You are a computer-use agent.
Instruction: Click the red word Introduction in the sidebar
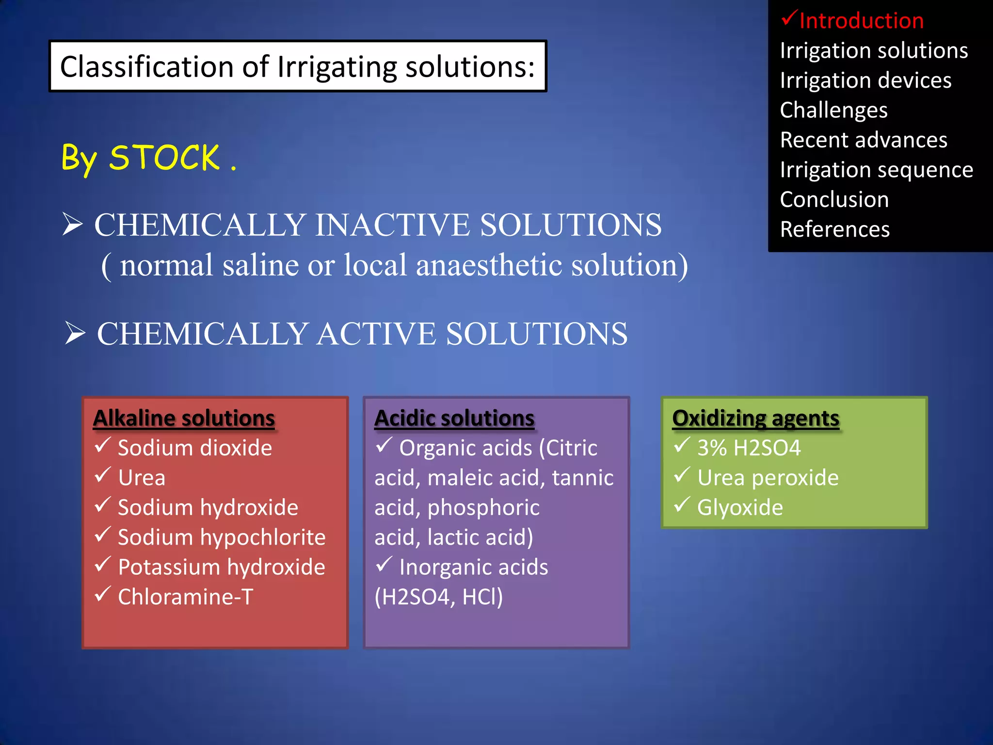click(x=861, y=21)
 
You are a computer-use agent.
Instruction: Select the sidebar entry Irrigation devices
click(x=865, y=81)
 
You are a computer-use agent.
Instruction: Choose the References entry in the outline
click(x=834, y=229)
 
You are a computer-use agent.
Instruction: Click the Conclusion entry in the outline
click(x=834, y=200)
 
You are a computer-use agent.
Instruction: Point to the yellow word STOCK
click(x=164, y=158)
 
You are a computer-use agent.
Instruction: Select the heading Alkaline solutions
click(x=184, y=418)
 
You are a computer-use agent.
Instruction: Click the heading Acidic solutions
click(x=454, y=418)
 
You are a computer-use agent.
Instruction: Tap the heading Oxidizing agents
click(x=755, y=418)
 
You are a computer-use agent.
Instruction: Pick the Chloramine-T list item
click(x=185, y=597)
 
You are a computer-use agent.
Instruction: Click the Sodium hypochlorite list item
click(x=222, y=537)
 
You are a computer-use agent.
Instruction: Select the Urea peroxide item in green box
click(x=768, y=478)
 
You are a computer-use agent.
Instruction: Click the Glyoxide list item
click(x=740, y=508)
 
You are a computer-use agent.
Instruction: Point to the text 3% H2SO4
click(x=749, y=448)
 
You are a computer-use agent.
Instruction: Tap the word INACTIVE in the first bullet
click(x=392, y=225)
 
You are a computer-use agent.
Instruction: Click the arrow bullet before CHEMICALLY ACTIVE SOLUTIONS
click(x=75, y=333)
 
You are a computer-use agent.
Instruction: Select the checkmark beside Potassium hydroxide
click(x=103, y=565)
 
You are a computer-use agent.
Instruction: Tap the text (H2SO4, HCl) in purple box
click(x=439, y=597)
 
